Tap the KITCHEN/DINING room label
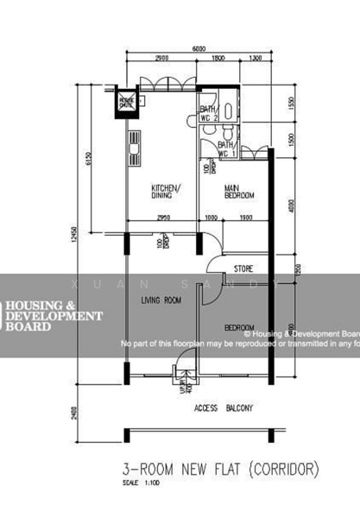tap(166, 193)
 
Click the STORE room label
tap(244, 269)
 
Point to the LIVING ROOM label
tap(161, 300)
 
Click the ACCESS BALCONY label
tap(223, 407)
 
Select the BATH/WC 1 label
tap(227, 148)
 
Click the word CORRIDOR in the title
tap(284, 470)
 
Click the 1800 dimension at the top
tap(219, 58)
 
